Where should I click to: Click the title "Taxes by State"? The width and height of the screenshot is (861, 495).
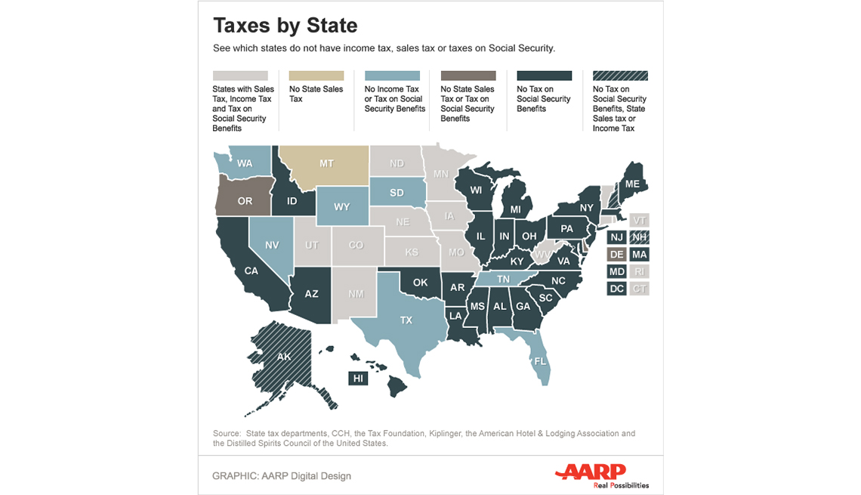285,25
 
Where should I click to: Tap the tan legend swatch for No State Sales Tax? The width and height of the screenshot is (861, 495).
316,76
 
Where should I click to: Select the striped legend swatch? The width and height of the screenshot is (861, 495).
619,76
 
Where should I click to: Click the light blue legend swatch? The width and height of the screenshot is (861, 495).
392,76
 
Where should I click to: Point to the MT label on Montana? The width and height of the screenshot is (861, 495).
326,163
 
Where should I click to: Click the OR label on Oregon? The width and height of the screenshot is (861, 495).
245,201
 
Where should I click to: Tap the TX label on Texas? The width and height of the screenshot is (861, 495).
406,320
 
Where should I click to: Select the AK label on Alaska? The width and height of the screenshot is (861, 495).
284,356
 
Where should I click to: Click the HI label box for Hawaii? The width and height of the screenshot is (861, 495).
358,378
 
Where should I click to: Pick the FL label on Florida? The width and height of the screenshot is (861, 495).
540,361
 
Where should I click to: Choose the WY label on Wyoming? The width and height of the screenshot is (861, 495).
341,206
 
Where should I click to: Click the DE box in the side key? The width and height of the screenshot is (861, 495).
616,255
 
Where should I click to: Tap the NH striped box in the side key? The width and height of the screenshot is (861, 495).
640,237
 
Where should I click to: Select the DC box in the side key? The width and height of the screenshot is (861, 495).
616,289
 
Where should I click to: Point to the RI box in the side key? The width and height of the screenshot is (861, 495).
640,271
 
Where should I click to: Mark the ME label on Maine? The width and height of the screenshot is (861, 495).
632,184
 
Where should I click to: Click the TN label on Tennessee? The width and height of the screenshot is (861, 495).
503,279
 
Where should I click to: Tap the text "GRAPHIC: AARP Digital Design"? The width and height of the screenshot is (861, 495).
282,476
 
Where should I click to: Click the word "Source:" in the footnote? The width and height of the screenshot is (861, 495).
227,434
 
